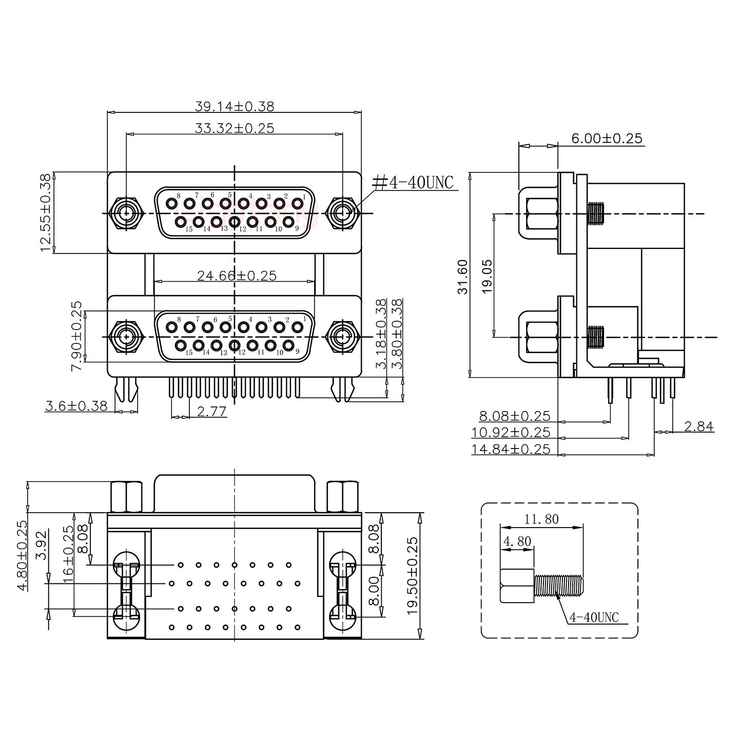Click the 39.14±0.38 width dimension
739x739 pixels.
point(234,106)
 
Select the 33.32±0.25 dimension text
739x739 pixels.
point(234,128)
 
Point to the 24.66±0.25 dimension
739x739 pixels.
point(237,276)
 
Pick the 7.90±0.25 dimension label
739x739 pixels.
point(76,336)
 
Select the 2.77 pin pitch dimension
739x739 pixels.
point(211,411)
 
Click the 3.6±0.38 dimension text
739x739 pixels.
point(76,406)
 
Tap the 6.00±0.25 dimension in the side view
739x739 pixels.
point(606,138)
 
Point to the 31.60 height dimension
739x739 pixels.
point(463,277)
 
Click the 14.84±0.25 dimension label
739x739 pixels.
point(510,449)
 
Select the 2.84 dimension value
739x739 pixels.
point(698,426)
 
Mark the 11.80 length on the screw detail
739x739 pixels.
point(541,519)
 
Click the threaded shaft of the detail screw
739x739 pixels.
point(558,586)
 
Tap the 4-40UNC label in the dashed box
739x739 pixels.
point(594,617)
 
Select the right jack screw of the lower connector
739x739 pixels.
point(342,337)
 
